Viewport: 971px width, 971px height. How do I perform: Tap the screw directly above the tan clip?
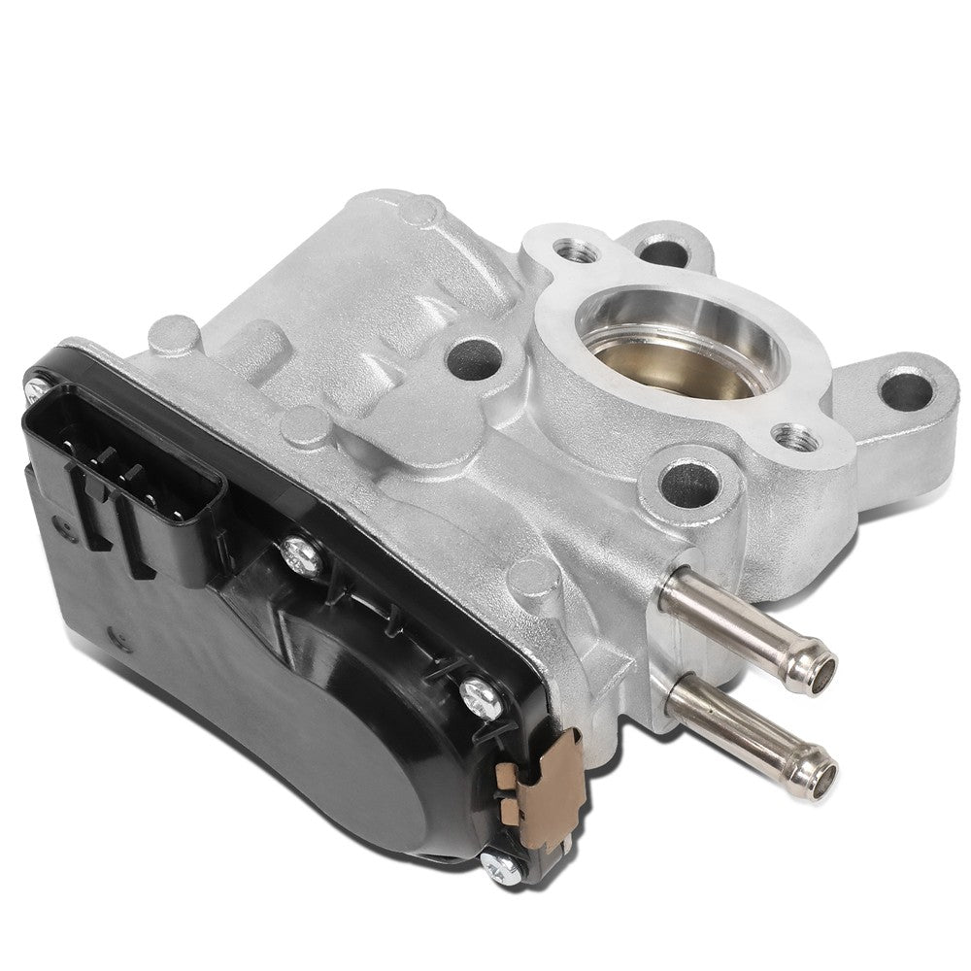(x=478, y=692)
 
